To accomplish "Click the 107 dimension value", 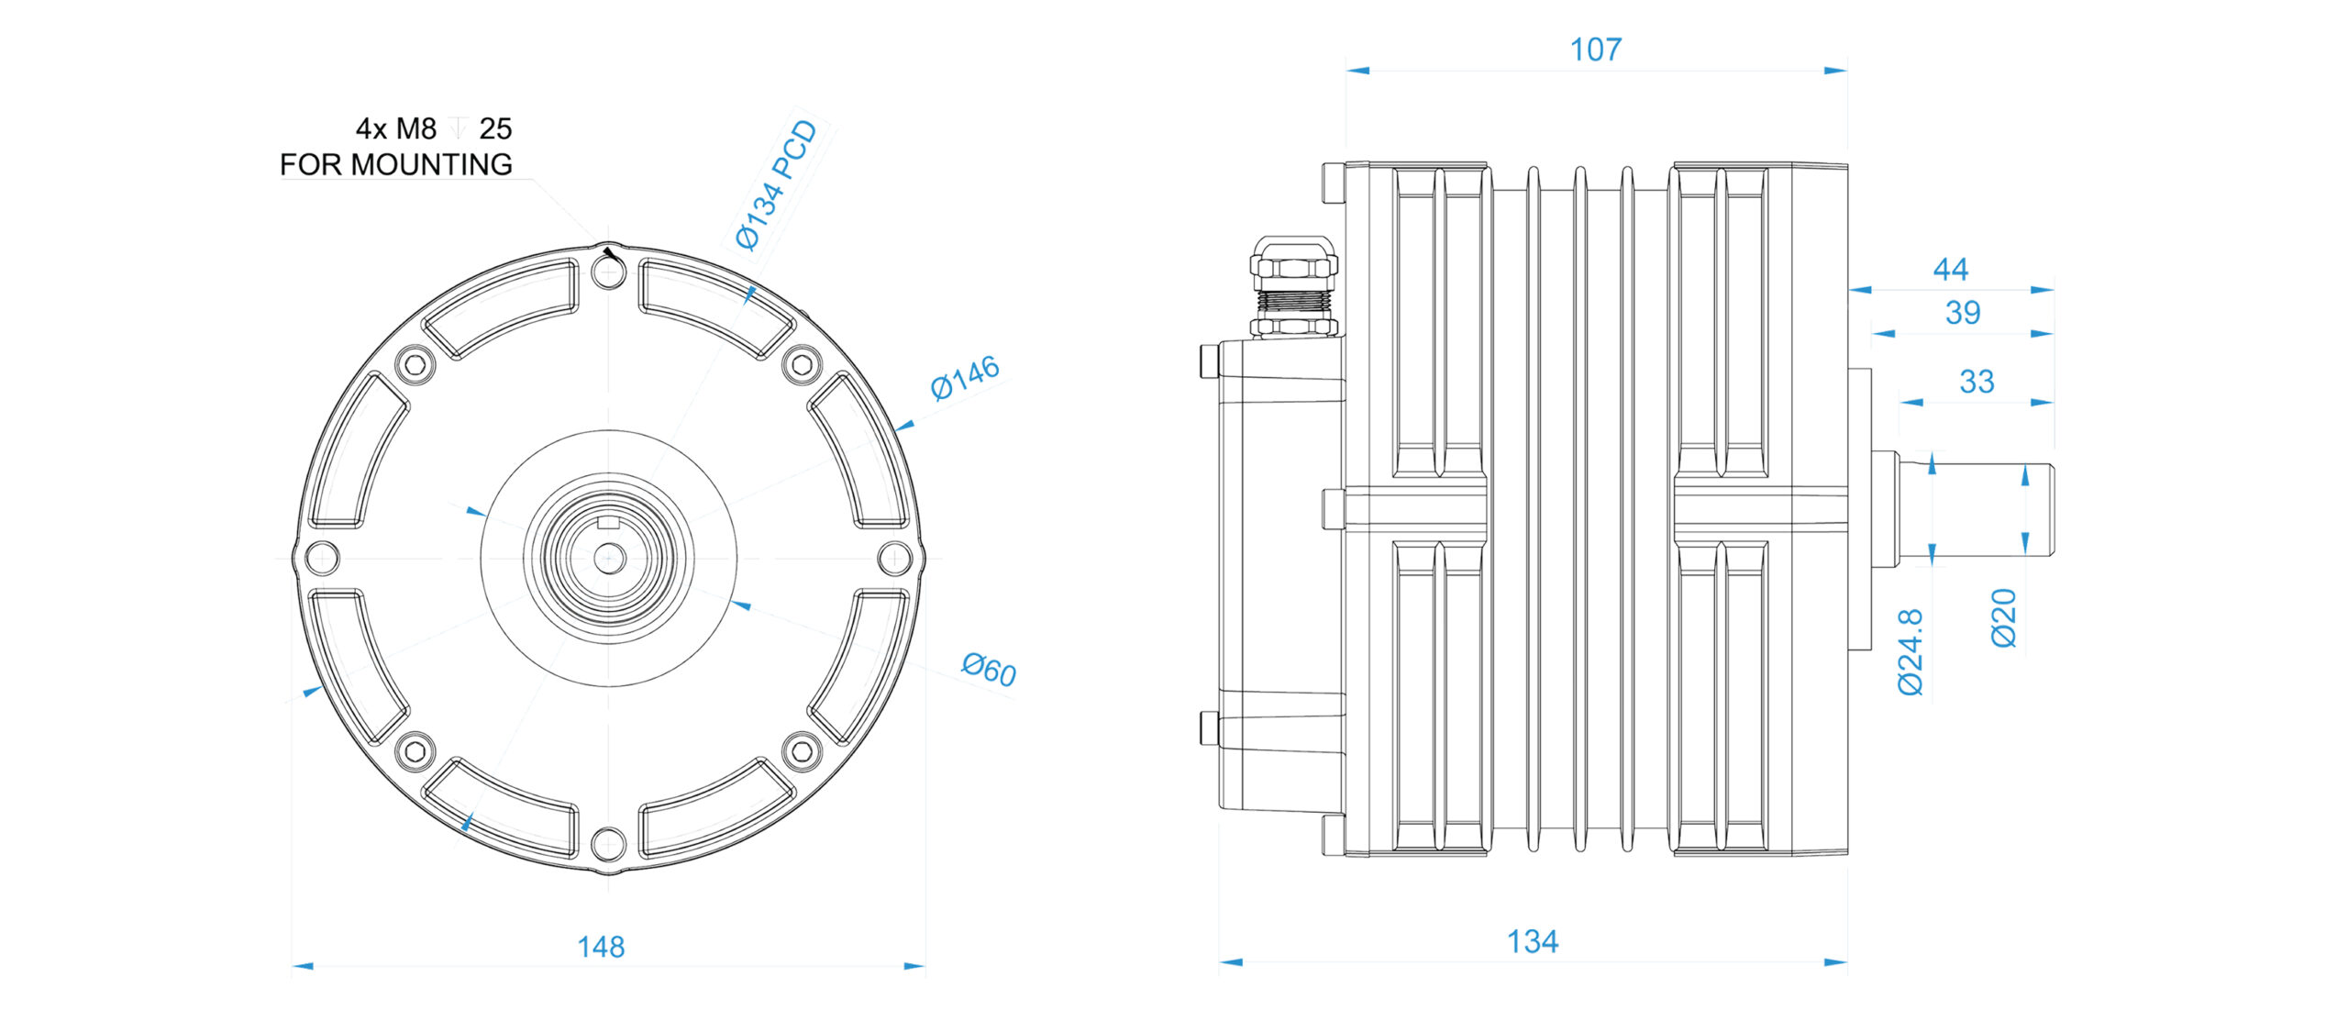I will [x=1595, y=50].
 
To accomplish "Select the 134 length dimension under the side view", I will [x=1532, y=941].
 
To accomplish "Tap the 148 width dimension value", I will [x=601, y=947].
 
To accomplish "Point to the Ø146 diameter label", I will [x=964, y=377].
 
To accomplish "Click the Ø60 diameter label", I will [x=989, y=669].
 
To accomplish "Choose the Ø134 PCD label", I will [x=776, y=185].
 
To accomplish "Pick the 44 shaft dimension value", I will [x=1950, y=269].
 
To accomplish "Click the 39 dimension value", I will [x=1962, y=313].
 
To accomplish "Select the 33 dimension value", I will [x=1976, y=382].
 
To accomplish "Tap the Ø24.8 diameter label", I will [x=1910, y=652].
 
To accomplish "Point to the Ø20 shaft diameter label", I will [x=2004, y=618].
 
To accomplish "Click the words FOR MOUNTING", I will [x=395, y=165].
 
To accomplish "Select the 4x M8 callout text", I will [x=395, y=128].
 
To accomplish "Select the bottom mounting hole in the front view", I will [x=608, y=842].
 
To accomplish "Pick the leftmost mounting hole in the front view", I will [x=322, y=557].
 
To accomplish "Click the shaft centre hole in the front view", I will [x=609, y=557].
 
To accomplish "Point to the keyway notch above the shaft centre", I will [x=609, y=524].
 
